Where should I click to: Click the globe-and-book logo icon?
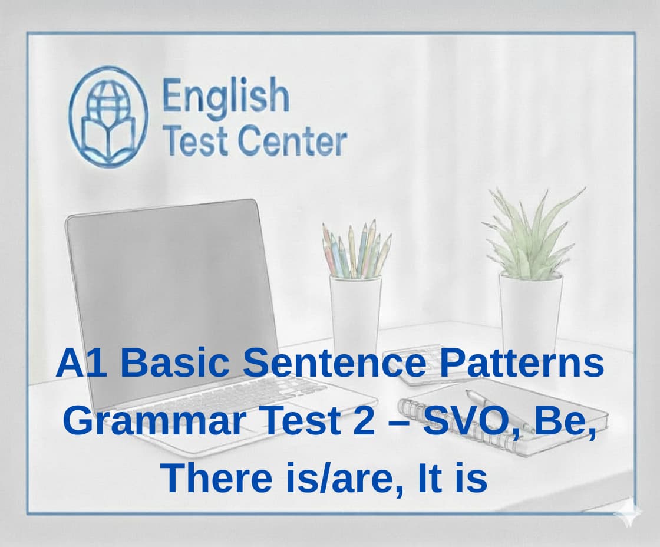pos(107,116)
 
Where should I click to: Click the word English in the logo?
pos(226,97)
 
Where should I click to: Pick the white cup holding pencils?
pos(355,312)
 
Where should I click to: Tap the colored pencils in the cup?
pos(357,251)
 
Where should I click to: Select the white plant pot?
pos(530,312)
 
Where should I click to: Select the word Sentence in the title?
pos(334,364)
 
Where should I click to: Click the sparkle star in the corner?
pos(626,512)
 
